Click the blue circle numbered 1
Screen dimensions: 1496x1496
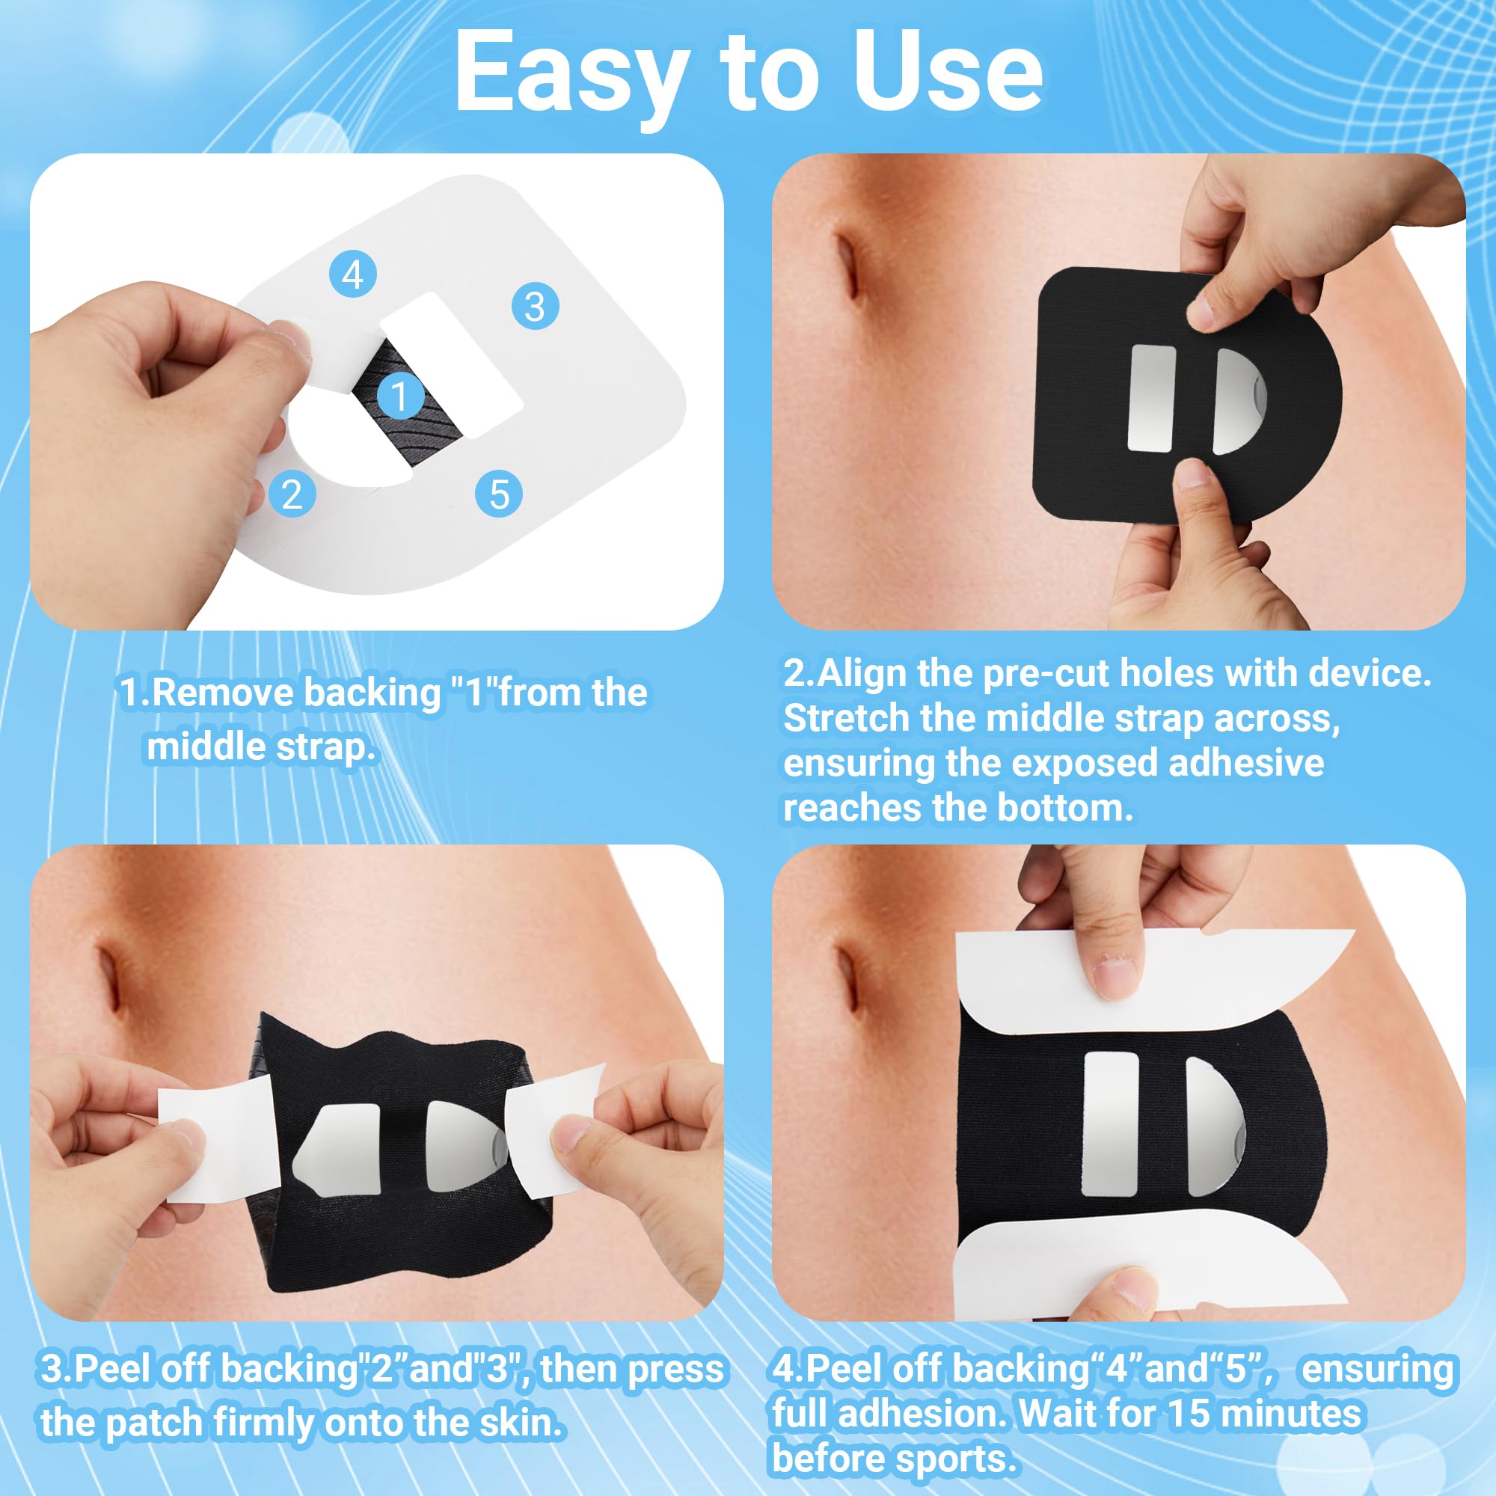(400, 396)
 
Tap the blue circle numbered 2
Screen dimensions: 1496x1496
(292, 494)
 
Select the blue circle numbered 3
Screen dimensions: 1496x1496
(535, 306)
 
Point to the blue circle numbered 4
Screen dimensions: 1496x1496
(353, 274)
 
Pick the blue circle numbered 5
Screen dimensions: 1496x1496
(499, 494)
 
